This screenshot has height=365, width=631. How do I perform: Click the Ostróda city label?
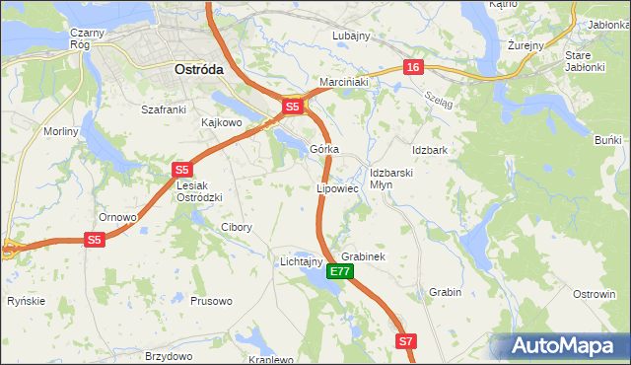pyautogui.click(x=198, y=70)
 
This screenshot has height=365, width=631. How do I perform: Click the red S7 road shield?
pyautogui.click(x=406, y=340)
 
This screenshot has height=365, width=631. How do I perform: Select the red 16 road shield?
pyautogui.click(x=412, y=67)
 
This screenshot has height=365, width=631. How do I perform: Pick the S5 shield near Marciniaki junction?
pyautogui.click(x=292, y=107)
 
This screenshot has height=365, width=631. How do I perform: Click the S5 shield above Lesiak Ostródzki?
pyautogui.click(x=181, y=170)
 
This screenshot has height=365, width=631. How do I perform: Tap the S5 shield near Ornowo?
pyautogui.click(x=94, y=240)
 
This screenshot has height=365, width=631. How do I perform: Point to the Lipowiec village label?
pyautogui.click(x=336, y=187)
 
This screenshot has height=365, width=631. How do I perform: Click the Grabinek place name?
pyautogui.click(x=362, y=256)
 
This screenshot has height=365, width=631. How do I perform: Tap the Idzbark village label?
pyautogui.click(x=431, y=150)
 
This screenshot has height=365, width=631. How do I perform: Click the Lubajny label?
pyautogui.click(x=351, y=36)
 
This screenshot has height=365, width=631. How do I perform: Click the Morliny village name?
pyautogui.click(x=61, y=131)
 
